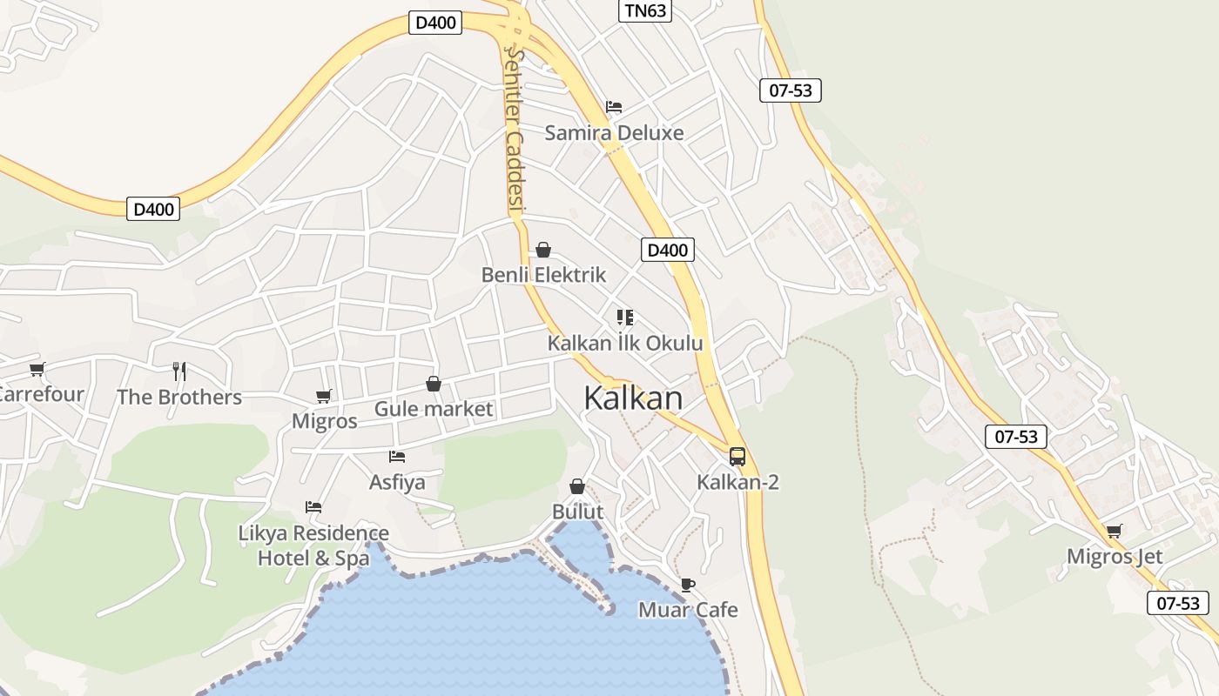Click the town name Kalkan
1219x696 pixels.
pyautogui.click(x=633, y=398)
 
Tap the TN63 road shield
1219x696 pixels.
pyautogui.click(x=645, y=10)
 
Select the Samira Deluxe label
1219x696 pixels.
pyautogui.click(x=614, y=133)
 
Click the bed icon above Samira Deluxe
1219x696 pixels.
pyautogui.click(x=614, y=107)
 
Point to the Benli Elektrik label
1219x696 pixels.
pyautogui.click(x=543, y=275)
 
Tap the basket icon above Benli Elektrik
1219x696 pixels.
pyautogui.click(x=543, y=250)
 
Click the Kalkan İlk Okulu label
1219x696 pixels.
pyautogui.click(x=624, y=344)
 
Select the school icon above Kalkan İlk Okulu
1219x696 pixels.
pyautogui.click(x=624, y=318)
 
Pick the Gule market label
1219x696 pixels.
pyautogui.click(x=433, y=409)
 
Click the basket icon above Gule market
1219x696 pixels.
pyautogui.click(x=433, y=384)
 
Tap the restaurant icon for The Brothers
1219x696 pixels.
pyautogui.click(x=179, y=371)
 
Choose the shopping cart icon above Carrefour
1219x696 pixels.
pyautogui.click(x=37, y=370)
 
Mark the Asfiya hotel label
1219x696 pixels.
pyautogui.click(x=397, y=482)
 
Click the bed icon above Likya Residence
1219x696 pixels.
pyautogui.click(x=313, y=506)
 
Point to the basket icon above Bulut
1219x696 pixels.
pyautogui.click(x=576, y=485)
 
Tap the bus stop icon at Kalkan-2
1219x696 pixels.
pyautogui.click(x=737, y=456)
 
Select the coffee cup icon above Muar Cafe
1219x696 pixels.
pyautogui.click(x=688, y=585)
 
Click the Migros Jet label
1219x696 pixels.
pyautogui.click(x=1115, y=557)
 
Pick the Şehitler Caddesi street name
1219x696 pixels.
pyautogui.click(x=515, y=130)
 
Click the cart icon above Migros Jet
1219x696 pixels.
pyautogui.click(x=1114, y=531)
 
